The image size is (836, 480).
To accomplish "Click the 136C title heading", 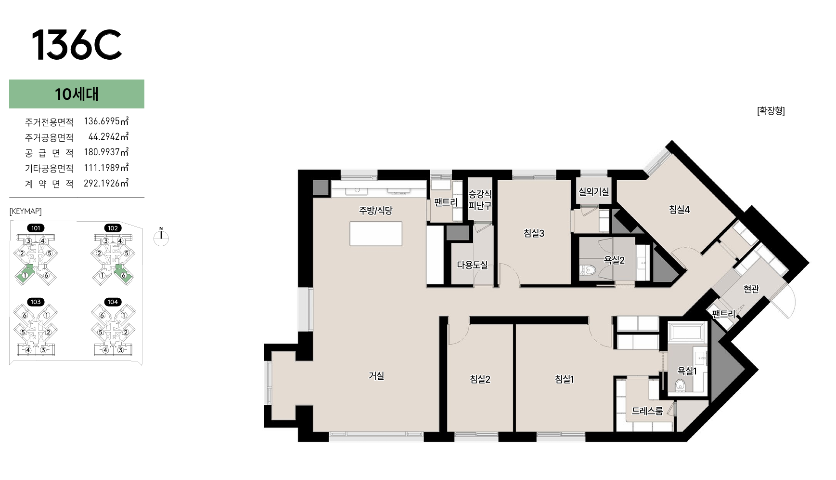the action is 77,45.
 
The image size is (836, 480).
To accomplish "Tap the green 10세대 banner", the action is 77,94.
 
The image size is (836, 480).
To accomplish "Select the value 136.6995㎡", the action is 106,121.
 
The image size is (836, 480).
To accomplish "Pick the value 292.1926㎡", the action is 106,183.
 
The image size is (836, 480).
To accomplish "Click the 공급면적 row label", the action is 49,153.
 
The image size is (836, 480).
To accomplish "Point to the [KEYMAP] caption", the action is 26,211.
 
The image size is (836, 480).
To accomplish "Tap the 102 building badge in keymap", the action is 113,228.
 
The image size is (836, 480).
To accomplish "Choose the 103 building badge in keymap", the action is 36,302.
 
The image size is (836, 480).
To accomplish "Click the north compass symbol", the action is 161,237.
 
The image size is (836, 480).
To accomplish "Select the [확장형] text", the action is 771,111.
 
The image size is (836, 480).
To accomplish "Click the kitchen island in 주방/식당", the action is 376,234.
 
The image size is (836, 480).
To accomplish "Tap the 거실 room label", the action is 376,375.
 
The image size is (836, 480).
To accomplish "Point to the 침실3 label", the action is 534,233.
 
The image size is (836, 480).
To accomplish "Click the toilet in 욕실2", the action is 588,270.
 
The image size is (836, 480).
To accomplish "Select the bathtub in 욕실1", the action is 687,332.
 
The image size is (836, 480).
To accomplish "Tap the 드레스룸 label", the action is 647,411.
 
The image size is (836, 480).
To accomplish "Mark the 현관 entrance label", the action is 751,289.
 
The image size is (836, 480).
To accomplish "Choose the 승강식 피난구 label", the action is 480,200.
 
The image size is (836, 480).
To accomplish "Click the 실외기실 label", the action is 593,191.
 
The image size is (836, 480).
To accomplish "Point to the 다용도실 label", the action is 472,265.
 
